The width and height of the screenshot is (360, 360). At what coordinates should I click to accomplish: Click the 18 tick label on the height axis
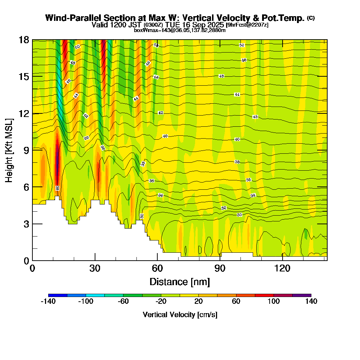coord(24,40)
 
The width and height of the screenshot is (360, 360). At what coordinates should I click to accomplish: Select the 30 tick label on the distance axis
coord(95,268)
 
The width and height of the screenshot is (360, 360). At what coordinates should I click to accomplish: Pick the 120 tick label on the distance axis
coord(282,268)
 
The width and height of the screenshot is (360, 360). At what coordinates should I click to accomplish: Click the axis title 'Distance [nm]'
coord(180,282)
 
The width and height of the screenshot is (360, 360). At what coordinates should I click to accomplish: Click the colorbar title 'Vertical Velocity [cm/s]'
coord(180,315)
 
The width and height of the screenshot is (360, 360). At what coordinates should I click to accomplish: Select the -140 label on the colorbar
coord(48,302)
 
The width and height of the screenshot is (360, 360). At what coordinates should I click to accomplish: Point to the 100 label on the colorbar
coord(274,302)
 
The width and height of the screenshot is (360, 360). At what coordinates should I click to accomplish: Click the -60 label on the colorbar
coord(123,302)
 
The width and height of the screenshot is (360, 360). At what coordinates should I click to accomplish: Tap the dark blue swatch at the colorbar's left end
coord(58,295)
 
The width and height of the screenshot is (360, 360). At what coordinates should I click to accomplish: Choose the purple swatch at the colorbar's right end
coord(302,295)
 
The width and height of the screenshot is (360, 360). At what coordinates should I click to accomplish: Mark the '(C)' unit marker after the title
coord(311,18)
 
